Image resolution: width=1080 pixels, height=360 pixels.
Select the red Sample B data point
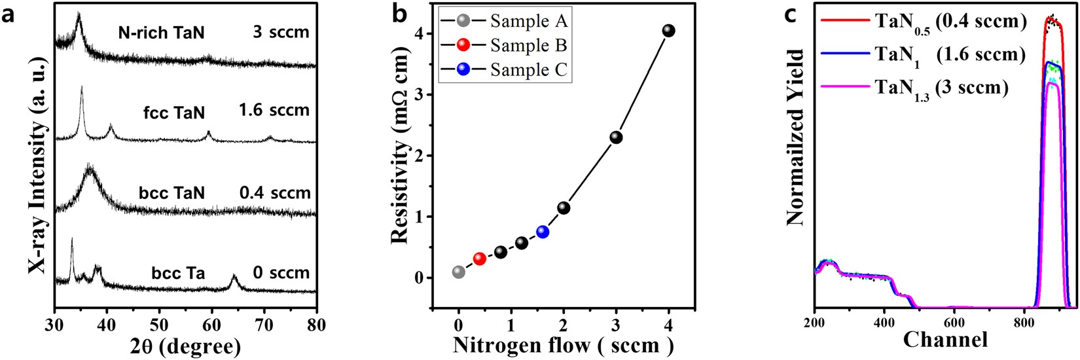pyautogui.click(x=479, y=259)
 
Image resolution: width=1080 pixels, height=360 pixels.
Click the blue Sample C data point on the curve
pyautogui.click(x=543, y=232)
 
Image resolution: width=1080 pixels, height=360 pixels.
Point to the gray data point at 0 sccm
pyautogui.click(x=458, y=272)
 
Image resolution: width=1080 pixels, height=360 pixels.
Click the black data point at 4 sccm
pyautogui.click(x=668, y=31)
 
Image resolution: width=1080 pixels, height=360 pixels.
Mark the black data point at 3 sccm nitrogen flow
pyautogui.click(x=616, y=137)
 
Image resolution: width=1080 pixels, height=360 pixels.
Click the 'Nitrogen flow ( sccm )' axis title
pyautogui.click(x=563, y=344)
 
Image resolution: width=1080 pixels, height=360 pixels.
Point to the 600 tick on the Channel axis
pyautogui.click(x=954, y=323)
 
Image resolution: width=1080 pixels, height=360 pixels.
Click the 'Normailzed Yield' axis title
pyautogui.click(x=795, y=137)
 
